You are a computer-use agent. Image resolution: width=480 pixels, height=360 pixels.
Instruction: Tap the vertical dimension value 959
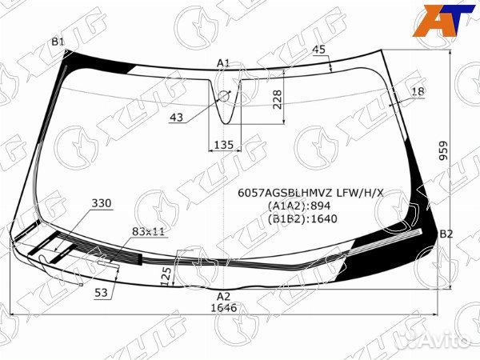pos(465,150)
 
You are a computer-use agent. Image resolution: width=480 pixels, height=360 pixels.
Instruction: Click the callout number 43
pos(176,117)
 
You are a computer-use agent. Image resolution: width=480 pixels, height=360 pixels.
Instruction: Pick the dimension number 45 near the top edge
pos(319,50)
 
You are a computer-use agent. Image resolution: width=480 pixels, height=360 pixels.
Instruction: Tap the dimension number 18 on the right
pos(418,93)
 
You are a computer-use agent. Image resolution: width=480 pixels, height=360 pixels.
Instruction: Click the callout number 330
pos(102,203)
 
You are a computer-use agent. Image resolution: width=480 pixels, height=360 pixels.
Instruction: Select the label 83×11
pos(147,231)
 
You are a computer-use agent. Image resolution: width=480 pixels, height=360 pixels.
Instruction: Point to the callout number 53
pos(101,293)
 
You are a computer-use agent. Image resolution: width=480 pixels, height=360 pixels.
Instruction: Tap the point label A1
pos(223,62)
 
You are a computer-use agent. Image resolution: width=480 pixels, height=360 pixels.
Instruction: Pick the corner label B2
pos(446,234)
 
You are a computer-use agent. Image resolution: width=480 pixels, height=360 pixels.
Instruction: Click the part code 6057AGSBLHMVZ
pos(286,192)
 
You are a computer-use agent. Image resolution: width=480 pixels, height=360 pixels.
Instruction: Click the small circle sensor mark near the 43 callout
pos(224,96)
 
